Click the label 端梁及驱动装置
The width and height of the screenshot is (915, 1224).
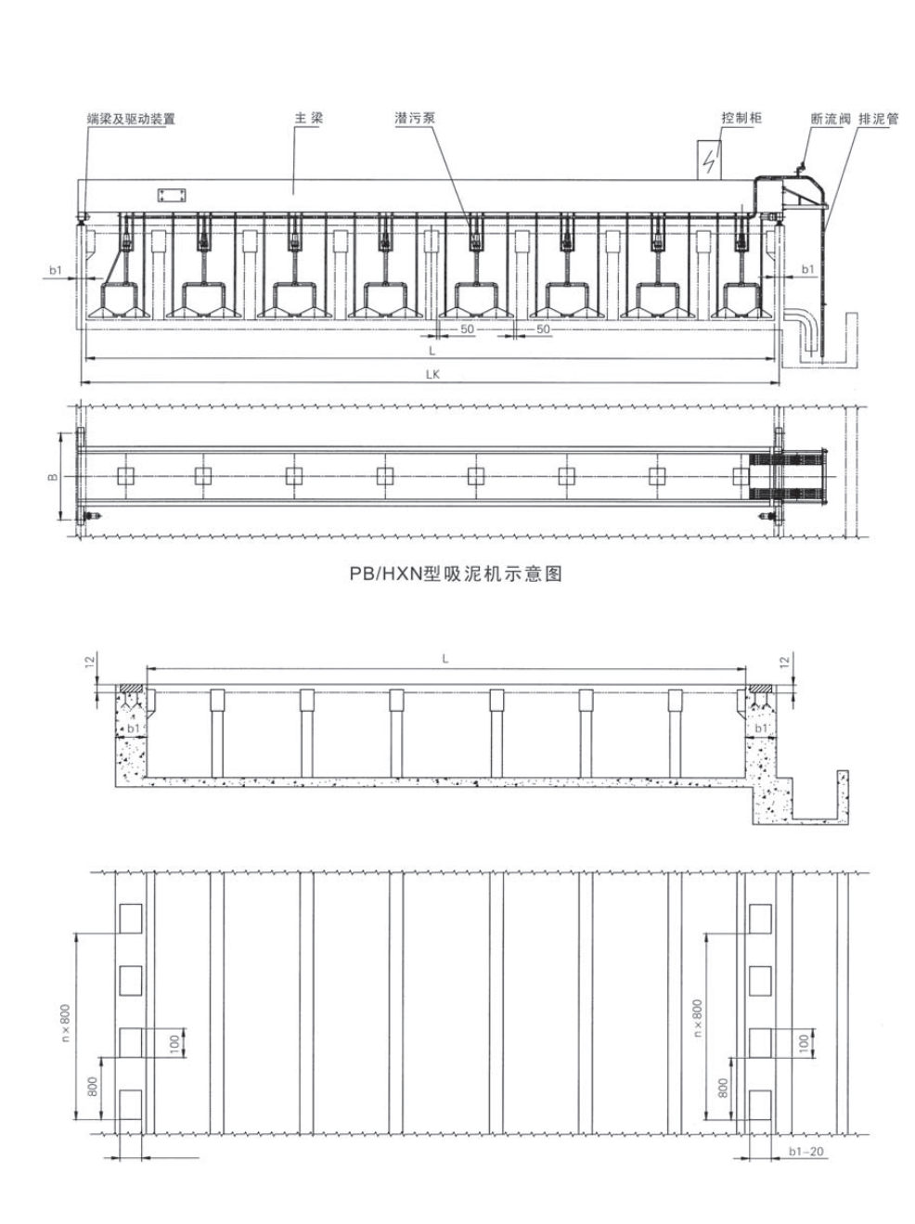pos(130,119)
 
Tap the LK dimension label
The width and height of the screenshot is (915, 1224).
pos(432,374)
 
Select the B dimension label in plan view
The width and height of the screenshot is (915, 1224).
pos(54,476)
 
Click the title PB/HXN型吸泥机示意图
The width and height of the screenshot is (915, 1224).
pos(456,573)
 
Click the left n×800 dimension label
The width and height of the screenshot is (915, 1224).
pos(65,1027)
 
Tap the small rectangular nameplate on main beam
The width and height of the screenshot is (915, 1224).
pos(172,195)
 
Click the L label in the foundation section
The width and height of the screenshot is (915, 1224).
pos(445,658)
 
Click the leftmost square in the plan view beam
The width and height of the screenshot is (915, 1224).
pos(125,476)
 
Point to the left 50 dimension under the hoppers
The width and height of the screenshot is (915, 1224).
pos(467,329)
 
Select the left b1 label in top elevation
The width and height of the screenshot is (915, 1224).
pos(56,270)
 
